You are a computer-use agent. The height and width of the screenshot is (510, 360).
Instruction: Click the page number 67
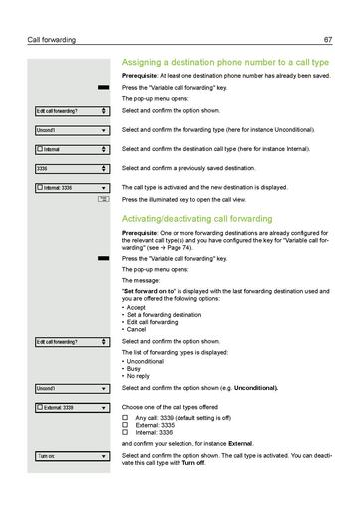point(327,40)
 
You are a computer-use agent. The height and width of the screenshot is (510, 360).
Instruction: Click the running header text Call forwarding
point(53,40)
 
